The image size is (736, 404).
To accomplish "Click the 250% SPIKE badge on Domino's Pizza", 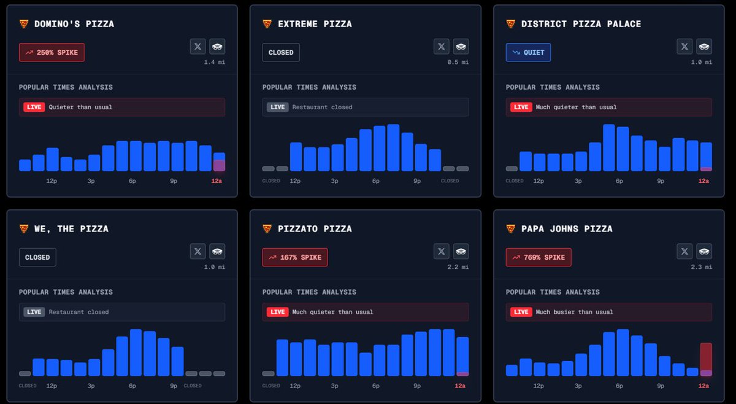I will tap(52, 53).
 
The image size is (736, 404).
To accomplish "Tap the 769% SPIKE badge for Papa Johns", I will tap(539, 258).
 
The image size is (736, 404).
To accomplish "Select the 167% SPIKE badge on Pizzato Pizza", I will tap(295, 258).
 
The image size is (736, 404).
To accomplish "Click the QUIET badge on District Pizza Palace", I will tap(528, 53).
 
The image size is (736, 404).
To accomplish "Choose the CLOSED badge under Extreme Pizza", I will tap(281, 53).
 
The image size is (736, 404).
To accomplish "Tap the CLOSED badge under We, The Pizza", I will tap(37, 258).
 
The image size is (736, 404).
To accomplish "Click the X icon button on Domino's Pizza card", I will tap(197, 46).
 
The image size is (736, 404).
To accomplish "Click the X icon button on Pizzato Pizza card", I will tap(441, 251).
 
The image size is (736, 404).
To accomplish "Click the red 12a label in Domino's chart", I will tap(217, 181).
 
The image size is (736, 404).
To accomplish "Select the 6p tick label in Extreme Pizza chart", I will tap(375, 181).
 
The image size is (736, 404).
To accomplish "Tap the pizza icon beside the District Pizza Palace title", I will tap(511, 24).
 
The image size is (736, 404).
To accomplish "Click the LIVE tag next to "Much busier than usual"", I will tap(521, 312).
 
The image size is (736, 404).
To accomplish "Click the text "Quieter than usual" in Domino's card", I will tap(80, 107).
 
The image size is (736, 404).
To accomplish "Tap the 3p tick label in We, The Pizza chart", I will tap(91, 386).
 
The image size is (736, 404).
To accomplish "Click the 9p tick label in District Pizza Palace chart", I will tap(661, 181).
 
